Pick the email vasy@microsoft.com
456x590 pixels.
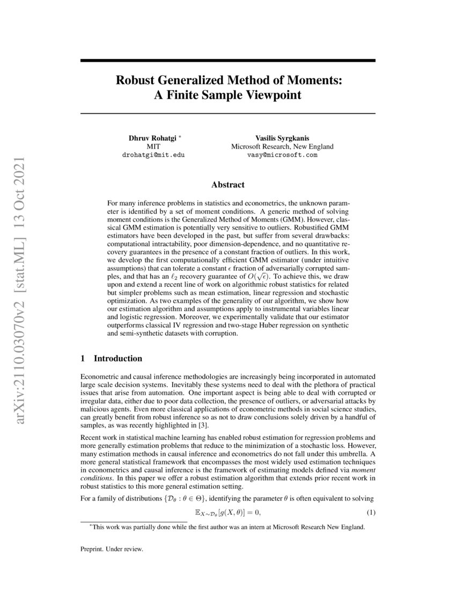[282, 154]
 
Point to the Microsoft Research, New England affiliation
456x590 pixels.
[282, 146]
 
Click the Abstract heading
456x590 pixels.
[227, 185]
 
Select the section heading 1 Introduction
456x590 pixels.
[111, 358]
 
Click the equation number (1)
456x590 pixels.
[371, 513]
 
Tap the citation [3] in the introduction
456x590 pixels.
[165, 425]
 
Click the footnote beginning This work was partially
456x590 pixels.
[228, 527]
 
